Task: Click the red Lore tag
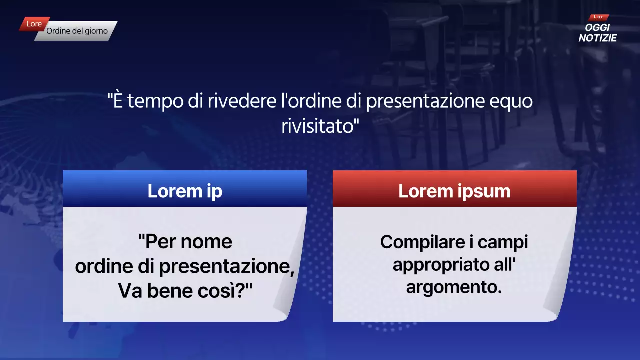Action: (34, 24)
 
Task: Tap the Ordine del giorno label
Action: (77, 31)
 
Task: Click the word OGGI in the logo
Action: (597, 28)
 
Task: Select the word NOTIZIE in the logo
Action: (597, 38)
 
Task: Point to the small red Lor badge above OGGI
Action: (598, 17)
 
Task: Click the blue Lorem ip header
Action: (185, 191)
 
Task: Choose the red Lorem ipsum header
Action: (454, 191)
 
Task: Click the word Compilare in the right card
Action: (419, 242)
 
